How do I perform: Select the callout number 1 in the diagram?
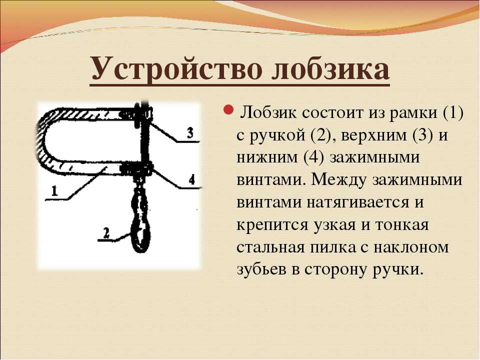pyautogui.click(x=54, y=191)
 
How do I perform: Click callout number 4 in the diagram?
pyautogui.click(x=191, y=179)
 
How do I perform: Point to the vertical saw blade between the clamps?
pyautogui.click(x=145, y=141)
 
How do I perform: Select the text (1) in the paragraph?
pyautogui.click(x=453, y=113)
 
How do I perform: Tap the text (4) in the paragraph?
pyautogui.click(x=314, y=157)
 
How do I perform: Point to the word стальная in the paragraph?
pyautogui.click(x=270, y=247)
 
